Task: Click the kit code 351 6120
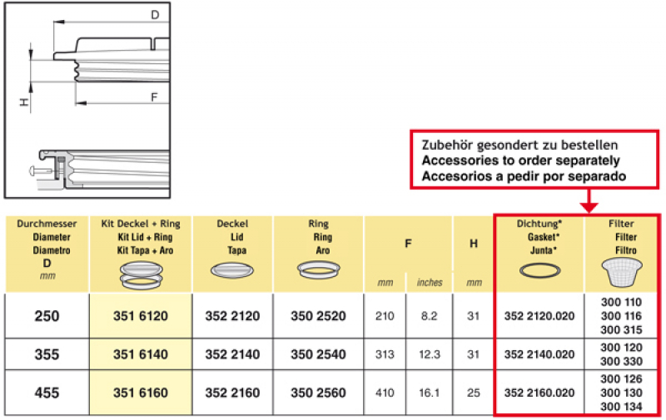pyautogui.click(x=141, y=316)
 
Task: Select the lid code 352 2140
pyautogui.click(x=232, y=354)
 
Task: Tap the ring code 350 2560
pyautogui.click(x=318, y=393)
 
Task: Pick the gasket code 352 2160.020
pyautogui.click(x=539, y=393)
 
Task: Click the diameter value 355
pyautogui.click(x=47, y=354)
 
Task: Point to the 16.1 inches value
pyautogui.click(x=429, y=393)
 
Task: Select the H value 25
pyautogui.click(x=473, y=393)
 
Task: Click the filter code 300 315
pyautogui.click(x=621, y=329)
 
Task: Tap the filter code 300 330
pyautogui.click(x=621, y=362)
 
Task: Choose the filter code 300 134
pyautogui.click(x=621, y=407)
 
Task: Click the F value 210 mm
pyautogui.click(x=385, y=316)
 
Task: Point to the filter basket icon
pyautogui.click(x=622, y=273)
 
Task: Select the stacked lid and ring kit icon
pyautogui.click(x=142, y=275)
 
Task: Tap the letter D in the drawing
pyautogui.click(x=155, y=15)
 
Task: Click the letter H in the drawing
pyautogui.click(x=24, y=102)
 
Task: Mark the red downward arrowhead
pyautogui.click(x=589, y=207)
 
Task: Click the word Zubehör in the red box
pyautogui.click(x=446, y=145)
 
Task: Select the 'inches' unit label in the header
pyautogui.click(x=430, y=283)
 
